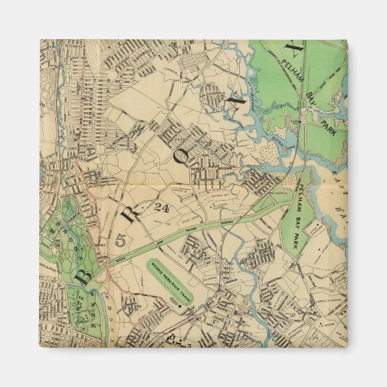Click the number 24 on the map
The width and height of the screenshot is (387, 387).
161,209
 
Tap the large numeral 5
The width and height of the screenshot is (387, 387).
120,240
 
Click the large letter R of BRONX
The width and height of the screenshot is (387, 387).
133,213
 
